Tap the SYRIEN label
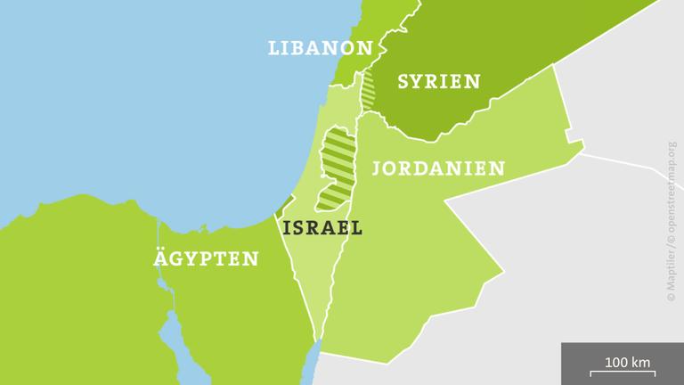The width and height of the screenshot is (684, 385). pyautogui.click(x=438, y=81)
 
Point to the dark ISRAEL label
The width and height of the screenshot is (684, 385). pyautogui.click(x=322, y=227)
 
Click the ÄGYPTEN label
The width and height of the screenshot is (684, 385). pyautogui.click(x=205, y=259)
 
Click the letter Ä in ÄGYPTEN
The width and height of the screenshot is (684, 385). pyautogui.click(x=159, y=259)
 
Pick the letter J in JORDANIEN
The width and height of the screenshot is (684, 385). pyautogui.click(x=378, y=168)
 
